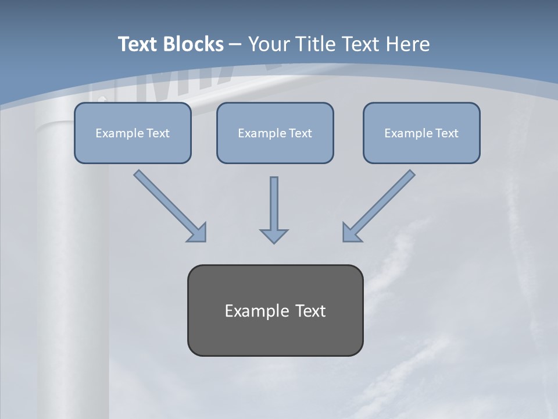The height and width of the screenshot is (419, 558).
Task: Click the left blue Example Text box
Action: pos(133,133)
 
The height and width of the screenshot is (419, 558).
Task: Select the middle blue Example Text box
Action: pos(275,133)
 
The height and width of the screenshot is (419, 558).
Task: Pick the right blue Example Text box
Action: pos(421,133)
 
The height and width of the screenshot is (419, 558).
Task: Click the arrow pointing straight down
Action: pos(274,207)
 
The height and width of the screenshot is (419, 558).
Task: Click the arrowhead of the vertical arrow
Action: pos(274,236)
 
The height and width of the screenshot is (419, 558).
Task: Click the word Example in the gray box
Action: pos(253,311)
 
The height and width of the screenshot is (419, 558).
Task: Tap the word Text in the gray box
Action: pos(310,311)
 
